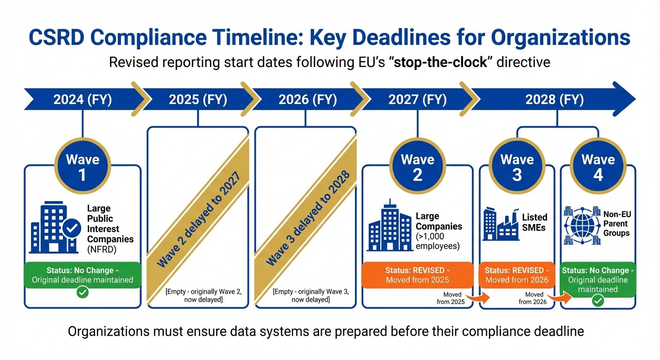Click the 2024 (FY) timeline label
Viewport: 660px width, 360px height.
(x=82, y=100)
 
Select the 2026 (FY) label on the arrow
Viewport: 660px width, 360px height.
(x=307, y=100)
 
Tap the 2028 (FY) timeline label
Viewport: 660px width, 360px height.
(x=555, y=100)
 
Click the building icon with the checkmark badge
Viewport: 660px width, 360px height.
(x=52, y=227)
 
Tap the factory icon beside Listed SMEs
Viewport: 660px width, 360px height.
(x=501, y=224)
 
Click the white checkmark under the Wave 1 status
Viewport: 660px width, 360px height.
(x=82, y=292)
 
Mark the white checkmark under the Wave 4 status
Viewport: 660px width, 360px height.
(x=598, y=300)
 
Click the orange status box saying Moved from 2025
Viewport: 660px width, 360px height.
(x=417, y=275)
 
